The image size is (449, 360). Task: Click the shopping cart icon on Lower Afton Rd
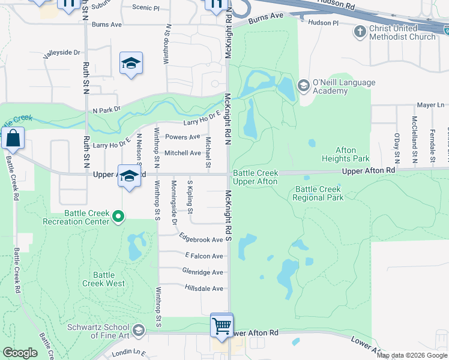click(x=221, y=326)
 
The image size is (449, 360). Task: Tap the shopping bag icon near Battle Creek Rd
click(x=13, y=139)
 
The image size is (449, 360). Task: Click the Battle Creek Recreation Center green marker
click(x=118, y=216)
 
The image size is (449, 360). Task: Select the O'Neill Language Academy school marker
click(x=303, y=86)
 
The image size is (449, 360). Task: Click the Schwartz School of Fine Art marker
click(x=139, y=330)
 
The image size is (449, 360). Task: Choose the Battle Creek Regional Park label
click(x=319, y=193)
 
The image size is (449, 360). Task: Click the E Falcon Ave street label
click(x=203, y=256)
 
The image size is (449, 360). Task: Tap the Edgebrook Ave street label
click(x=201, y=239)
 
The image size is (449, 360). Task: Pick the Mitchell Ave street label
click(x=182, y=153)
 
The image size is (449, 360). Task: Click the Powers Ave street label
click(x=182, y=137)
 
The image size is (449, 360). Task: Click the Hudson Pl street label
click(x=323, y=22)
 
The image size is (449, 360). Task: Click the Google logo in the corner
click(x=20, y=353)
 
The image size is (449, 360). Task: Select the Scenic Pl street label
click(x=146, y=8)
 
